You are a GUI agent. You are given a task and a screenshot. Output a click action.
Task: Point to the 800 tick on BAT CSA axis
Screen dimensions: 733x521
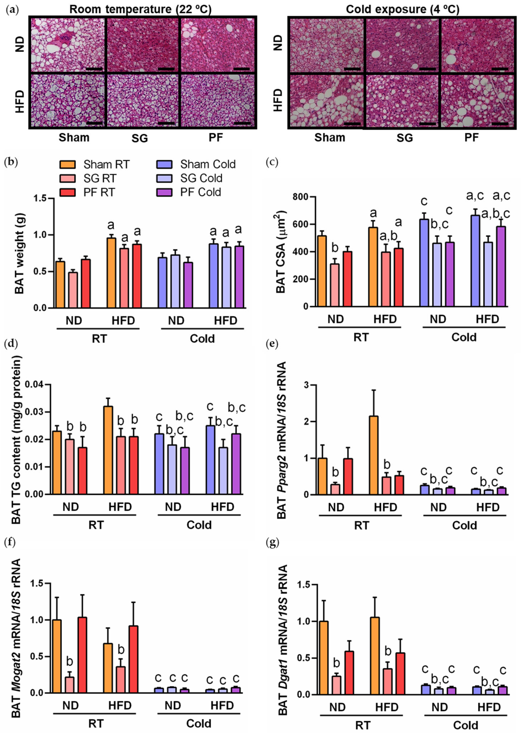[x=300, y=197]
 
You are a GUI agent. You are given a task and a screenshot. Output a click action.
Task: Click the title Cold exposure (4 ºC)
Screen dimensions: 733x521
[x=402, y=10]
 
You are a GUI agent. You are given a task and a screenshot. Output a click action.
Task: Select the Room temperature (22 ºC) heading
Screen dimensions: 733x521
[x=140, y=10]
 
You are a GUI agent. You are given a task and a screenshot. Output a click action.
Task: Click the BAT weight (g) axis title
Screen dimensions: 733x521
[x=20, y=253]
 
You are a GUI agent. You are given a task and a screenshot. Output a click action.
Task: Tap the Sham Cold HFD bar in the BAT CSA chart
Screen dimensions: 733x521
[x=475, y=261]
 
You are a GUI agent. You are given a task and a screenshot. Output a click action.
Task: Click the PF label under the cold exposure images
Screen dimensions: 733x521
[x=472, y=138]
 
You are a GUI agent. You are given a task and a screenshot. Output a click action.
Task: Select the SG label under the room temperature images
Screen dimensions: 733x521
[x=140, y=138]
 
